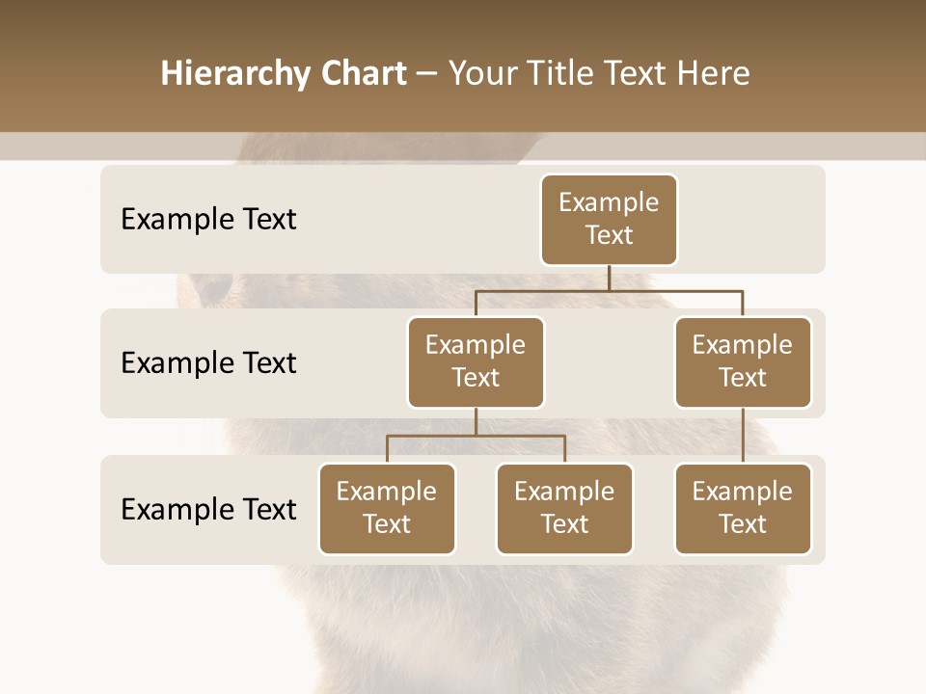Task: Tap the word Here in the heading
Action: click(713, 74)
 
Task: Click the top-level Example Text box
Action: click(609, 219)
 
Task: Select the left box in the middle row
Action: click(476, 361)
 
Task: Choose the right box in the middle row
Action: click(743, 361)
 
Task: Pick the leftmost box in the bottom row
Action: click(387, 508)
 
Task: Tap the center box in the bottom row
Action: click(564, 508)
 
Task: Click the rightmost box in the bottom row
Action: click(743, 508)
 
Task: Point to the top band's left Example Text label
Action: click(208, 219)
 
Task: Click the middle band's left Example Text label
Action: click(208, 362)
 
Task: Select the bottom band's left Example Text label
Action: click(208, 509)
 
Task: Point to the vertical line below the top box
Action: click(609, 278)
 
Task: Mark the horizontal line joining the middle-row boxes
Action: click(609, 290)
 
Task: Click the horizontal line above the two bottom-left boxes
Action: click(476, 436)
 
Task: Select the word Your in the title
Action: click(479, 74)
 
